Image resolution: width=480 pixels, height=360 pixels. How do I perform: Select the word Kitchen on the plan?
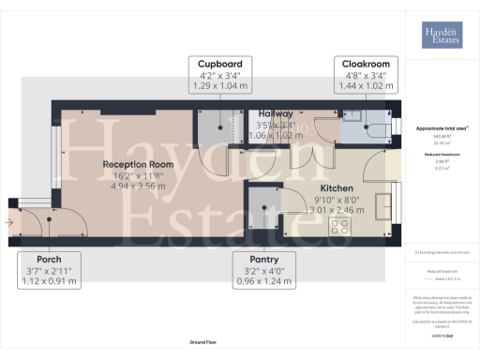pos(335,187)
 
